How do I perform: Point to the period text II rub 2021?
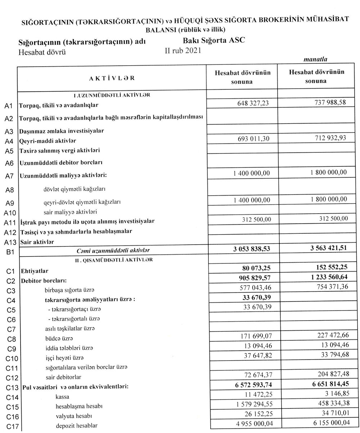pos(183,50)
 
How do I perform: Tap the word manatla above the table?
pos(315,60)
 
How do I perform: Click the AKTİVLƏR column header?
pos(112,78)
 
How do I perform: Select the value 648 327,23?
pos(253,103)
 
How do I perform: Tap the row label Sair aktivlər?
pos(37,242)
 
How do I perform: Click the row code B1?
pos(10,252)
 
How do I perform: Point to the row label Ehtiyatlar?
pos(35,271)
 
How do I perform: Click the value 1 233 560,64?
pos(325,277)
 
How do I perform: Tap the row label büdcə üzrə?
pos(59,339)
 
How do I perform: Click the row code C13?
pos(11,388)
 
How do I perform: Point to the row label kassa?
pos(63,397)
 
